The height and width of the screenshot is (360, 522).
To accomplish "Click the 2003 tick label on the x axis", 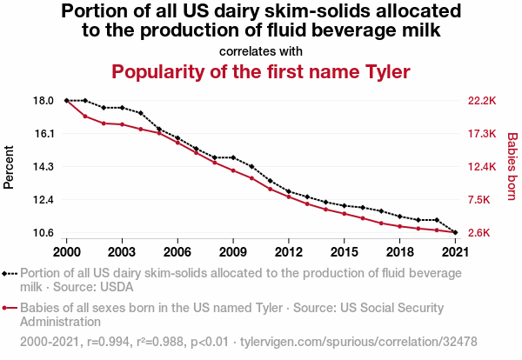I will coord(122,251).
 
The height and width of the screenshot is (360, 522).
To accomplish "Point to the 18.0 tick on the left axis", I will coord(44,101).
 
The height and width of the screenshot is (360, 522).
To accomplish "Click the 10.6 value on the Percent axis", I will coord(44,233).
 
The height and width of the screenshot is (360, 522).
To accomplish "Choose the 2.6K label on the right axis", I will coord(481,233).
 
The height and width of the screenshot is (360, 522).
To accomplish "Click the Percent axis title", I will coord(10,167).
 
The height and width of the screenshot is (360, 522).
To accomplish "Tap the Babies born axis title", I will coord(512,167).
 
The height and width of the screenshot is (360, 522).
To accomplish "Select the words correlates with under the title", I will coord(261,50).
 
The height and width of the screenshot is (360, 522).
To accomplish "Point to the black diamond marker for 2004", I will coord(141,113).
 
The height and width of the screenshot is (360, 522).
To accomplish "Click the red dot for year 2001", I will coord(85,117).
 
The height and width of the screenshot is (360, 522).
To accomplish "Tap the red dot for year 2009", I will coord(233,170).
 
